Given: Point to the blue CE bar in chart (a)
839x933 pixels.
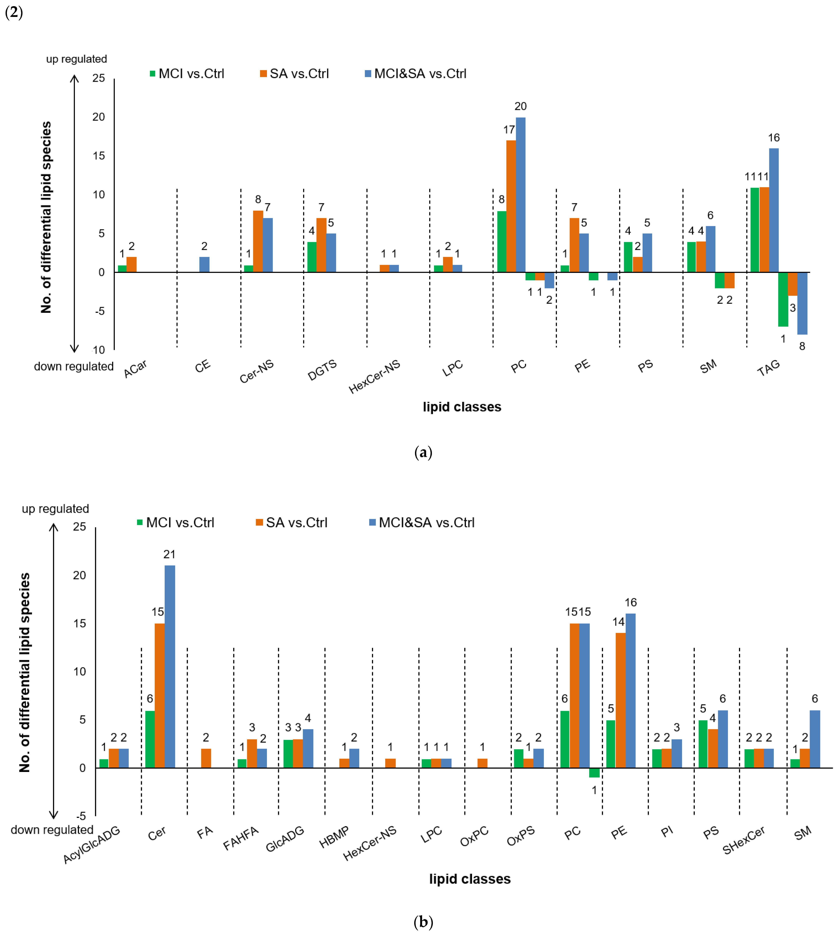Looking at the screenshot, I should [204, 264].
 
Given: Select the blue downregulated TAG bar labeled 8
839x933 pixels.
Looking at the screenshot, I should [802, 303].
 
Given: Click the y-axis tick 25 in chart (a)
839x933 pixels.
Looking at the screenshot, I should [99, 78].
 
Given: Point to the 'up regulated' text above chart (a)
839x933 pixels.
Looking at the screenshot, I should [76, 59].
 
